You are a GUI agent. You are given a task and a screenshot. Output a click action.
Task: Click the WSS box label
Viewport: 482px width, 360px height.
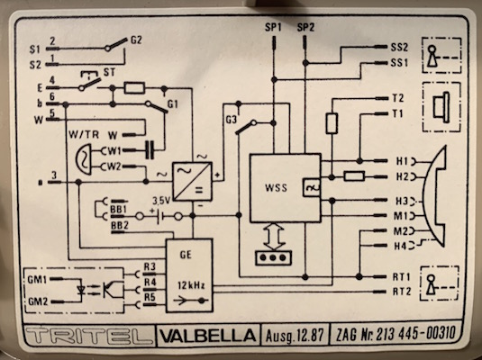[x=276, y=187]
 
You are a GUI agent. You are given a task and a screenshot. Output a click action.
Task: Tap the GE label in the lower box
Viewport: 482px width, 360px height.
[x=186, y=255]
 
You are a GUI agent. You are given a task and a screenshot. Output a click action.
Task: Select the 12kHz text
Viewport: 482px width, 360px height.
[x=191, y=285]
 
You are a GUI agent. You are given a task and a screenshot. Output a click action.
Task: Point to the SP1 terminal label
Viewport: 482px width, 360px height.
[x=273, y=28]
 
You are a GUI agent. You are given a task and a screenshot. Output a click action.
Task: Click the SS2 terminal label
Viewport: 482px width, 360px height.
[x=399, y=48]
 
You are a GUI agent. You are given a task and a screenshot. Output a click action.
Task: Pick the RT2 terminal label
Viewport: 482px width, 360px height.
[x=402, y=292]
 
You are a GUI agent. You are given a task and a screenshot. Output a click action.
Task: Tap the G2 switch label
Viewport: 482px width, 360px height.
[x=136, y=40]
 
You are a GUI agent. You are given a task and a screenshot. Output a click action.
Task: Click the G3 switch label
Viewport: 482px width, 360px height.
[x=232, y=120]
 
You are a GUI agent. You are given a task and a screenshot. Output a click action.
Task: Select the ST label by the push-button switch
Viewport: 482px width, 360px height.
[x=109, y=73]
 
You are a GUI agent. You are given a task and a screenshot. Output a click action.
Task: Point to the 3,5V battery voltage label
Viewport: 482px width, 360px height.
[x=161, y=201]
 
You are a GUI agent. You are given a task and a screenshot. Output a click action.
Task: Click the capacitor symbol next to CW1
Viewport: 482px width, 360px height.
[x=150, y=150]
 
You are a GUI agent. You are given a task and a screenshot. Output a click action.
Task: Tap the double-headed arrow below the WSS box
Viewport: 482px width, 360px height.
[x=274, y=236]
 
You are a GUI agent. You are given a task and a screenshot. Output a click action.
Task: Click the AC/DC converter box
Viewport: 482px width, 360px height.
[x=192, y=181]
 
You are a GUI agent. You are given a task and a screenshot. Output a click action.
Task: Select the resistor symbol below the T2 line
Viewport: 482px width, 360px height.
[x=332, y=123]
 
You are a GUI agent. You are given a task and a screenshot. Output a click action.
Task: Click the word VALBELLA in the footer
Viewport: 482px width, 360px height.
[x=208, y=336]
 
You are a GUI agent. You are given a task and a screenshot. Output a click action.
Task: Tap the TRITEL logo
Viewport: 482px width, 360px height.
[x=89, y=336]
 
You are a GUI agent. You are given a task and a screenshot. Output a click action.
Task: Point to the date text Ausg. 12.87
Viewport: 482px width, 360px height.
[x=295, y=337]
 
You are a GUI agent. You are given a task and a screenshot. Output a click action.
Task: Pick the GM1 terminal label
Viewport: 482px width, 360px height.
[x=37, y=280]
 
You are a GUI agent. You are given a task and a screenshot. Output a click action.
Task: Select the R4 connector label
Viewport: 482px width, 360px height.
[x=150, y=282]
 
